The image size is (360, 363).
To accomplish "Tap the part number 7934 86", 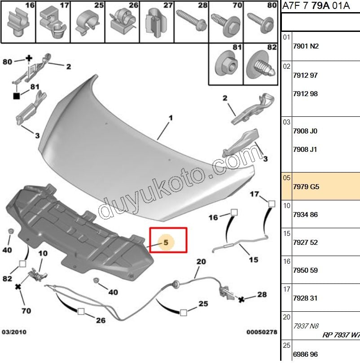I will click(x=305, y=215).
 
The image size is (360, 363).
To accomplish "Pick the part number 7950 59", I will click(x=305, y=270).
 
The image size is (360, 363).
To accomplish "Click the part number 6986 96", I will click(x=305, y=354).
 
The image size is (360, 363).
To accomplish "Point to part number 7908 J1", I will click(x=305, y=150).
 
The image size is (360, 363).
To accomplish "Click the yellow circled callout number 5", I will click(x=166, y=242).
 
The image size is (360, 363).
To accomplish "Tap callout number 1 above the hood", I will click(x=171, y=118).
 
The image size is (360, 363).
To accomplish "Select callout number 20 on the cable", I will click(x=201, y=261).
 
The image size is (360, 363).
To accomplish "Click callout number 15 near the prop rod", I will click(x=254, y=260).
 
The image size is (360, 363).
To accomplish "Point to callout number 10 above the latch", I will click(x=43, y=254).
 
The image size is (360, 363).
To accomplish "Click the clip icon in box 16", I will click(x=18, y=25).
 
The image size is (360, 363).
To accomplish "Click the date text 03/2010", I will click(x=14, y=332).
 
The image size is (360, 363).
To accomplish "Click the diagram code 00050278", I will click(x=262, y=332).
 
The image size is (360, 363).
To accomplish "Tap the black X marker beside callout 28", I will click(x=241, y=299).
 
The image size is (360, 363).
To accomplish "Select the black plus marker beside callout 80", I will click(x=29, y=58).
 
